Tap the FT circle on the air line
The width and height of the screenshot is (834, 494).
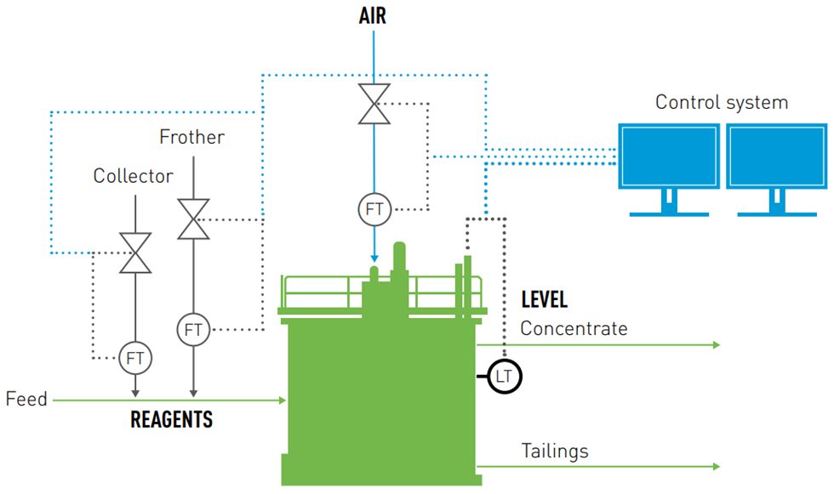click(x=373, y=209)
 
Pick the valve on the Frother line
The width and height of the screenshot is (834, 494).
click(x=192, y=220)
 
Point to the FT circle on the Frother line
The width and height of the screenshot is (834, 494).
click(x=193, y=329)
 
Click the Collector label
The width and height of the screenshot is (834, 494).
click(x=134, y=177)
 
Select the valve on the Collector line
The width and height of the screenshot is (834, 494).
click(x=135, y=253)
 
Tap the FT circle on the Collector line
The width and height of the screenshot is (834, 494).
click(x=135, y=358)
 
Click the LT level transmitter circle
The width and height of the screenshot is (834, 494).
click(x=504, y=375)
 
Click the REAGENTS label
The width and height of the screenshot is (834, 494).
click(x=171, y=420)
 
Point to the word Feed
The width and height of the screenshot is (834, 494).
click(x=26, y=399)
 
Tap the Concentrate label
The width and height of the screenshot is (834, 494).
click(x=574, y=328)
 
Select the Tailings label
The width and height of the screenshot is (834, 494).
click(x=554, y=451)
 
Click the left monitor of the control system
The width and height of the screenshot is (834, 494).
click(x=668, y=160)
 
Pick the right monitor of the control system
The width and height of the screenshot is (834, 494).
click(x=775, y=160)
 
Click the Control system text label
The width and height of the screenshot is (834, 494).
click(x=721, y=103)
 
